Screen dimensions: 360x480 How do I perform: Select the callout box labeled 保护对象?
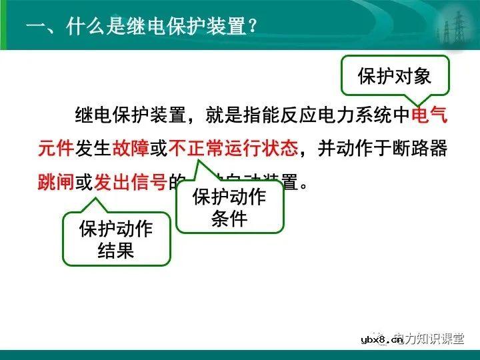(x=395, y=75)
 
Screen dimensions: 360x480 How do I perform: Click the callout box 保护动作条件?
(x=229, y=207)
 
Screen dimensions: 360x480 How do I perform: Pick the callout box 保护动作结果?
(x=116, y=239)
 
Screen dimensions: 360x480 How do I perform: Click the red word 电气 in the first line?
(x=429, y=115)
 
